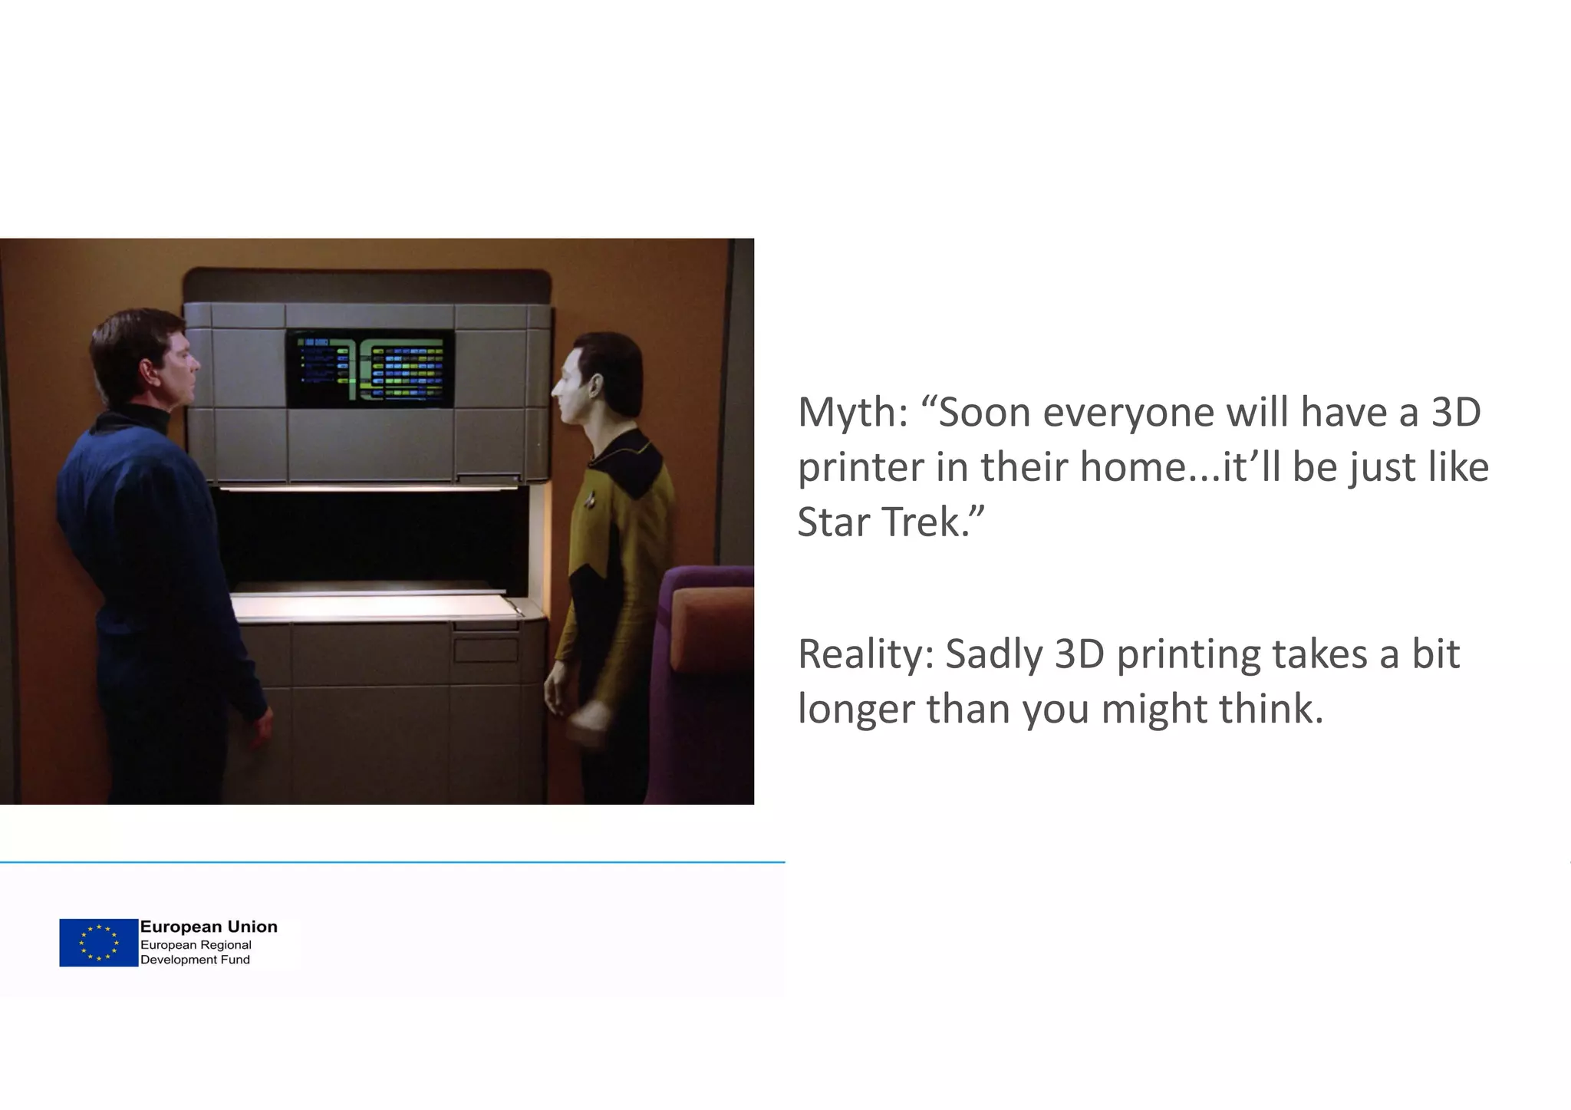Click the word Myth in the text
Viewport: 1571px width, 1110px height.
point(852,413)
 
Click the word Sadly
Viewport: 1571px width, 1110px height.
point(994,654)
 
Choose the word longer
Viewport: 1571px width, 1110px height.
point(855,710)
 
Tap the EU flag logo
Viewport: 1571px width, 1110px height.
point(98,943)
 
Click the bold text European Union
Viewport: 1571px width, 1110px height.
point(209,927)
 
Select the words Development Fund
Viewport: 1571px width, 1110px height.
point(195,960)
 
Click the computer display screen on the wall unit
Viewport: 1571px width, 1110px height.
point(370,369)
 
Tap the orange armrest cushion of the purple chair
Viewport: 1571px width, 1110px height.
point(713,625)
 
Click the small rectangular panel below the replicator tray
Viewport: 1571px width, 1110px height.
point(486,649)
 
